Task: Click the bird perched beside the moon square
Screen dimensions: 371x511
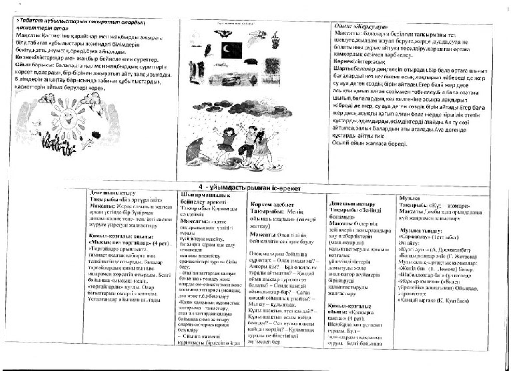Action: [x=208, y=50]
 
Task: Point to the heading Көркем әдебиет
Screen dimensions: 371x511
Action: [x=272, y=205]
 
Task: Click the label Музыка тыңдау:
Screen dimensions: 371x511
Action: [x=419, y=230]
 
